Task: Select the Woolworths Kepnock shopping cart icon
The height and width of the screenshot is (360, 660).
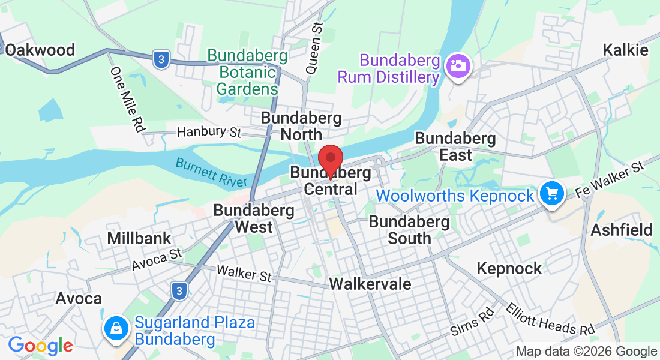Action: (551, 194)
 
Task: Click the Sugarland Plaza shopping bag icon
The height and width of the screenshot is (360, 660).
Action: (114, 328)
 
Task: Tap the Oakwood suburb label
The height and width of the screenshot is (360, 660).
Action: (40, 50)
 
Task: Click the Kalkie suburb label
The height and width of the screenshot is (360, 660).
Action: (626, 50)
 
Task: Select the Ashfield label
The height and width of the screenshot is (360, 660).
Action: (622, 230)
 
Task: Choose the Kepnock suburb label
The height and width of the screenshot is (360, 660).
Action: (509, 268)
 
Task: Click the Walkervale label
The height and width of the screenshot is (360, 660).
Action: (371, 283)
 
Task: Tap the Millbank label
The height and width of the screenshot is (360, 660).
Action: (139, 238)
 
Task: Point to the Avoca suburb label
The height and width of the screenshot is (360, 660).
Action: (79, 298)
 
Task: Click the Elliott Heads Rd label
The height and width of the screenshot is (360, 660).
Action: (550, 319)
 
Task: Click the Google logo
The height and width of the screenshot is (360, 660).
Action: (40, 346)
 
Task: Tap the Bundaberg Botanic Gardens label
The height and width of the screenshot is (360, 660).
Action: (247, 73)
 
